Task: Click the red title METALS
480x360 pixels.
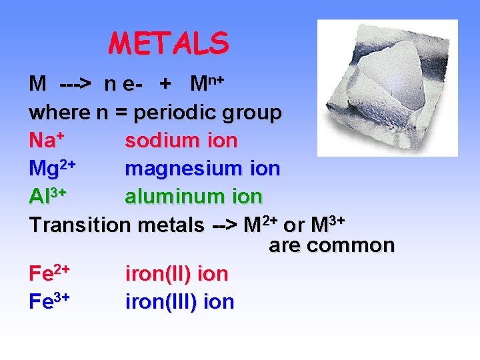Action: click(169, 44)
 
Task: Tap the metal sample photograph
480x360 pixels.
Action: click(387, 87)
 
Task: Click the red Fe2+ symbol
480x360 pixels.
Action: click(50, 273)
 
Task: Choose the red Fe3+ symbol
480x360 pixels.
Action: click(50, 301)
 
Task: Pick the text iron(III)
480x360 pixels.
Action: click(161, 302)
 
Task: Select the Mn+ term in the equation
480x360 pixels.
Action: click(206, 84)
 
